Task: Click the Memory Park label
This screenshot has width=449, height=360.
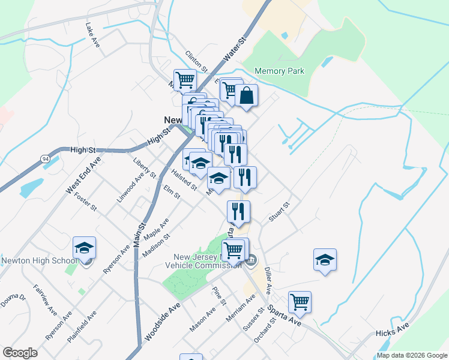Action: point(279,71)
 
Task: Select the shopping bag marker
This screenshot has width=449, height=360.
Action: point(246,96)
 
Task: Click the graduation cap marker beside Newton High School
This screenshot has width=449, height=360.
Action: point(84,248)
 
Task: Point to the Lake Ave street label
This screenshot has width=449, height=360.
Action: point(92,34)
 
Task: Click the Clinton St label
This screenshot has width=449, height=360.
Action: point(196,61)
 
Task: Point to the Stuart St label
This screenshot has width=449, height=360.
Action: point(279,212)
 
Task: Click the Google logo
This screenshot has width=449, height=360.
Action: point(20,352)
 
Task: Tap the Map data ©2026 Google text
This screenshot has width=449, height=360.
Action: point(411,355)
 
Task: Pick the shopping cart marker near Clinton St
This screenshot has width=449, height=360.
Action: point(185,80)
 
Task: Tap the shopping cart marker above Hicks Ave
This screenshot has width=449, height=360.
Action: point(300,303)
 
